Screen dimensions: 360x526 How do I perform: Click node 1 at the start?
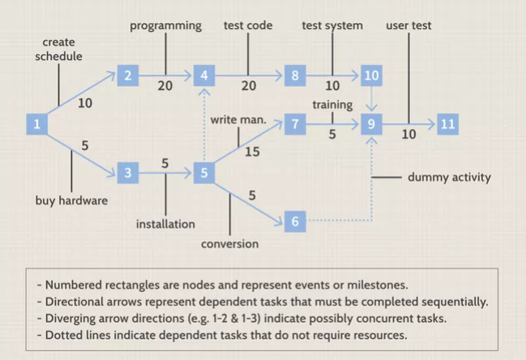pyautogui.click(x=36, y=124)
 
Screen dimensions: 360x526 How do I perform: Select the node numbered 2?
pyautogui.click(x=127, y=75)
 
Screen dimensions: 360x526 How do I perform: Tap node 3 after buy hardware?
pyautogui.click(x=127, y=173)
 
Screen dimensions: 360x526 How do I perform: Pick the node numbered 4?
pyautogui.click(x=205, y=75)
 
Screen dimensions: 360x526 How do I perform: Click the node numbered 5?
pyautogui.click(x=205, y=173)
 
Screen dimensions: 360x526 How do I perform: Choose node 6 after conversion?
pyautogui.click(x=295, y=221)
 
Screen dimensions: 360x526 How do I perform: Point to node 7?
pyautogui.click(x=295, y=124)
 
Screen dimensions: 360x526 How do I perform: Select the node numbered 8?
pyautogui.click(x=295, y=75)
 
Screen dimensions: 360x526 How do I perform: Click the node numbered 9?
pyautogui.click(x=372, y=124)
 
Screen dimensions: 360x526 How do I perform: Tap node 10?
pyautogui.click(x=372, y=75)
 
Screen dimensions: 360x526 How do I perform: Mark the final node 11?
pyautogui.click(x=447, y=124)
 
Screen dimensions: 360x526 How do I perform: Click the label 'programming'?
pyautogui.click(x=165, y=26)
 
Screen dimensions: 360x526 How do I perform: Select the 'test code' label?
pyautogui.click(x=248, y=26)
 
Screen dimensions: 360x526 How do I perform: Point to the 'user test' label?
pyautogui.click(x=408, y=26)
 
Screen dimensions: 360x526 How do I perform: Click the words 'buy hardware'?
pyautogui.click(x=71, y=199)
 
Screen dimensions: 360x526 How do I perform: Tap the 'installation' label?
pyautogui.click(x=165, y=224)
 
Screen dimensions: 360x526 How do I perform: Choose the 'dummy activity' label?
pyautogui.click(x=449, y=177)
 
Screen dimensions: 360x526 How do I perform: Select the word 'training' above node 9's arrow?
pyautogui.click(x=332, y=105)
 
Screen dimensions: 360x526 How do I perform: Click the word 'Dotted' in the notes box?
pyautogui.click(x=67, y=334)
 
